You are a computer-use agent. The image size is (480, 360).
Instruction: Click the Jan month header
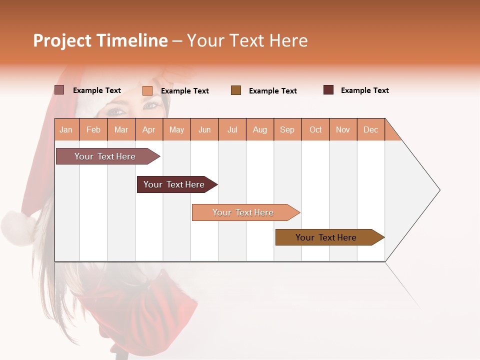[66, 129]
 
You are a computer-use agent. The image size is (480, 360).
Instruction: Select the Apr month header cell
[149, 129]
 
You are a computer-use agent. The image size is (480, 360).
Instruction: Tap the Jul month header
[232, 129]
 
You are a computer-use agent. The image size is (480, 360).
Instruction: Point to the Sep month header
[287, 129]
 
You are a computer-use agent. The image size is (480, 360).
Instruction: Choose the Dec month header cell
[370, 129]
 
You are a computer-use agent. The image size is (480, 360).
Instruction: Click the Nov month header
[343, 129]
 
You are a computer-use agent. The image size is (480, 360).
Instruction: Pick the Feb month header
[93, 129]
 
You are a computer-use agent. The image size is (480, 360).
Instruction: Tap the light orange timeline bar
[243, 212]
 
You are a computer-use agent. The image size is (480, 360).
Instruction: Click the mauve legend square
[59, 90]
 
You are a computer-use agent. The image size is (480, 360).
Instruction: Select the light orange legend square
[147, 90]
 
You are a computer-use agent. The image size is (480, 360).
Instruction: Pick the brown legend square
[236, 90]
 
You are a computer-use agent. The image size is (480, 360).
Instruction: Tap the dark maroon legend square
[328, 90]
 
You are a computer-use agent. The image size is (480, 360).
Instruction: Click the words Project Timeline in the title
[100, 40]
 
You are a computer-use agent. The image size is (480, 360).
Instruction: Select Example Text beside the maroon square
[364, 90]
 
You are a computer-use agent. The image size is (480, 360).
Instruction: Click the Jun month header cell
[204, 129]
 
